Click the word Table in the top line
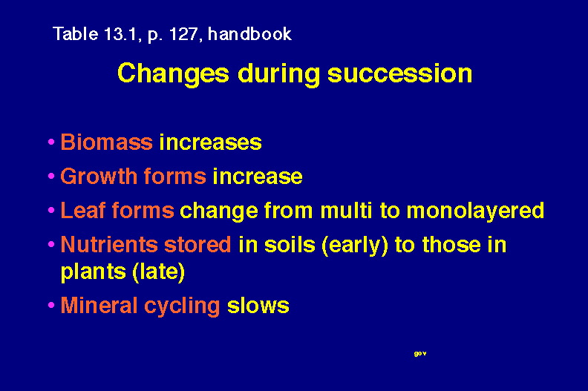tap(76, 33)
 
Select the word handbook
tap(249, 33)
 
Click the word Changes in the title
tap(173, 74)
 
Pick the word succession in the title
tap(399, 73)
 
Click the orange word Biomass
tap(106, 142)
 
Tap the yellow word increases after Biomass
tap(210, 142)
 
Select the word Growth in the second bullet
tap(99, 176)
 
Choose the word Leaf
tap(82, 210)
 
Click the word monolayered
tap(475, 211)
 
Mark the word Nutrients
tap(108, 244)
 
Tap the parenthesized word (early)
tap(354, 246)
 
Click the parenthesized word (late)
tap(159, 272)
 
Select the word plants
tap(94, 272)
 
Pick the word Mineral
tap(99, 305)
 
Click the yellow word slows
tap(258, 305)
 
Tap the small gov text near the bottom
tap(420, 353)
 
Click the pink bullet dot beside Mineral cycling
tap(51, 305)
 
